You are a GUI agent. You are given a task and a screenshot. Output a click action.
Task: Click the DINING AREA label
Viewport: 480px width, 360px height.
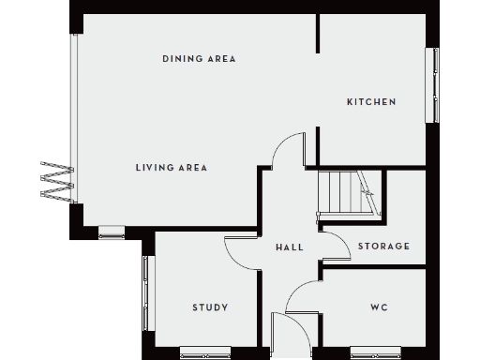198,59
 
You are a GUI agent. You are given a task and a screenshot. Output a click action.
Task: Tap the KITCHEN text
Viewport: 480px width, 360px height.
371,102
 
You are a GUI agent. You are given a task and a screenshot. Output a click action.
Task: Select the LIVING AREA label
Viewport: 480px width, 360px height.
171,168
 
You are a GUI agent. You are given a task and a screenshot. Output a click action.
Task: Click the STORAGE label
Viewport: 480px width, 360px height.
383,247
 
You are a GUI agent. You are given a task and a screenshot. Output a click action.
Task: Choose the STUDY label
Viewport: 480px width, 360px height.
211,307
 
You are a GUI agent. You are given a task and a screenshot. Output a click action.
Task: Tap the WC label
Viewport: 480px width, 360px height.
380,307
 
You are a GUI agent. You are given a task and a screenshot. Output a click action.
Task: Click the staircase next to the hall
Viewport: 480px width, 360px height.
343,194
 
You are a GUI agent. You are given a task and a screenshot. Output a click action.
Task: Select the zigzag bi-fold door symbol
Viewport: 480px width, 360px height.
55,180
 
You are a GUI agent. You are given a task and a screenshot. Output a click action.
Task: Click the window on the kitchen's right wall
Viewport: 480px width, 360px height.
434,83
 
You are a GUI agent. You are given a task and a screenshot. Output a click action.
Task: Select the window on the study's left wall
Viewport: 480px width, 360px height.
145,293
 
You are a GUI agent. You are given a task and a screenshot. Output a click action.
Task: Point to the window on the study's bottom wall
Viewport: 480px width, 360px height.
204,352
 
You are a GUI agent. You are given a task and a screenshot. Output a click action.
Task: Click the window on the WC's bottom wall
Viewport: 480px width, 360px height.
375,352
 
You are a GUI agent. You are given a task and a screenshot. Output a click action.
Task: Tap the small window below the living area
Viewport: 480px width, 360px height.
112,232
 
